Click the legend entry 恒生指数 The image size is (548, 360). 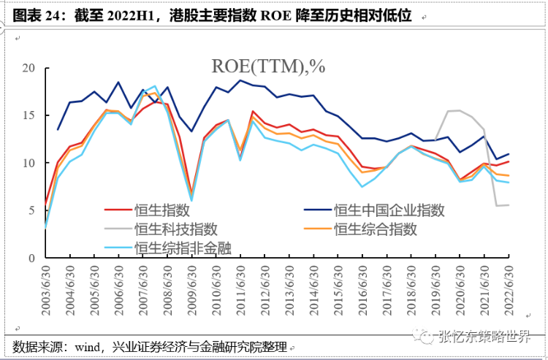pyautogui.click(x=159, y=210)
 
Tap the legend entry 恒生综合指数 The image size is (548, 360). pyautogui.click(x=376, y=229)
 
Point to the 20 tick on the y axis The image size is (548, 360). pyautogui.click(x=28, y=68)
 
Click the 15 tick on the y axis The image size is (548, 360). pyautogui.click(x=28, y=115)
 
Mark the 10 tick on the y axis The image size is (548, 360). pyautogui.click(x=28, y=163)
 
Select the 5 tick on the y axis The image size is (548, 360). pyautogui.click(x=31, y=210)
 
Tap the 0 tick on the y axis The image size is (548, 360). pyautogui.click(x=31, y=258)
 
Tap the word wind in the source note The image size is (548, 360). pyautogui.click(x=86, y=345)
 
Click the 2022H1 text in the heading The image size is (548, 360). pyautogui.click(x=139, y=14)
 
